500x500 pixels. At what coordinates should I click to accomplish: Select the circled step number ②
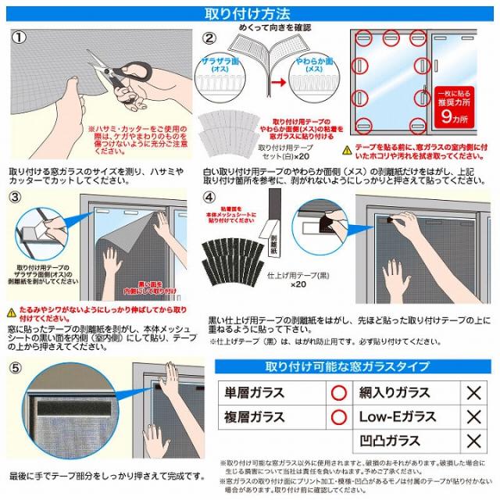(209, 37)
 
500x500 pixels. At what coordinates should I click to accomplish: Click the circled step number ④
(209, 197)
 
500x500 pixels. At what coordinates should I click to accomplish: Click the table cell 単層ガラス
(255, 392)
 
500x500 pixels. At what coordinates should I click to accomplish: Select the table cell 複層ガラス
(255, 416)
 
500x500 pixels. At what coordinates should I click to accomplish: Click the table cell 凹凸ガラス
(391, 441)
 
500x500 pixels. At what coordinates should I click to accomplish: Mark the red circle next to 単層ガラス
(338, 392)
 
